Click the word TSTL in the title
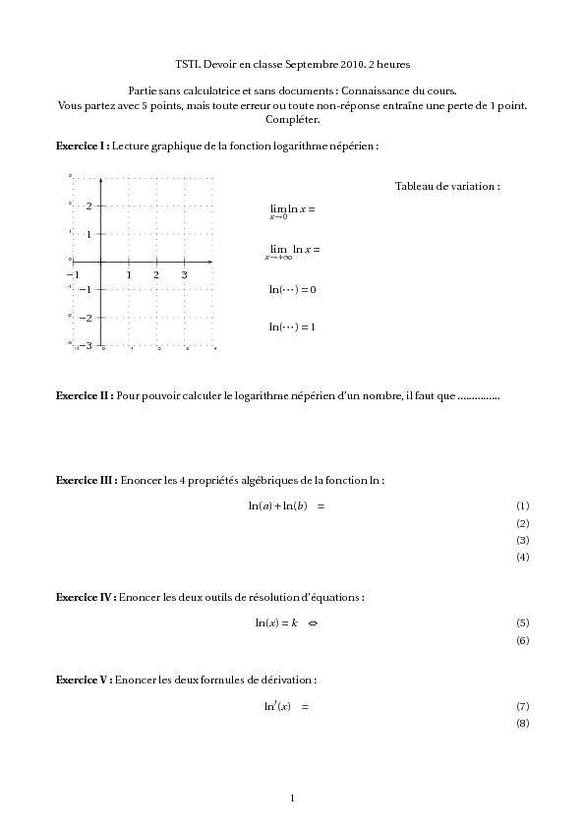(x=186, y=64)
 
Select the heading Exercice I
(x=83, y=146)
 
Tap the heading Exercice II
(x=85, y=395)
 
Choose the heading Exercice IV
(x=87, y=597)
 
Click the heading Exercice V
(x=85, y=680)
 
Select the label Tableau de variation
(x=447, y=186)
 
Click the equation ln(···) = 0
(x=292, y=290)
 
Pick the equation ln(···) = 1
(x=292, y=326)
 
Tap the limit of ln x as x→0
(x=292, y=210)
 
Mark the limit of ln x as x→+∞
(x=292, y=251)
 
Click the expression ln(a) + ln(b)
(x=278, y=505)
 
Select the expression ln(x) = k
(x=276, y=622)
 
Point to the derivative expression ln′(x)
(x=277, y=706)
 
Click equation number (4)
(x=522, y=558)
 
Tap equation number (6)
(x=522, y=640)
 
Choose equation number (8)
(x=522, y=724)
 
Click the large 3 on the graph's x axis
(x=185, y=274)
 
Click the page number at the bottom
(x=292, y=798)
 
